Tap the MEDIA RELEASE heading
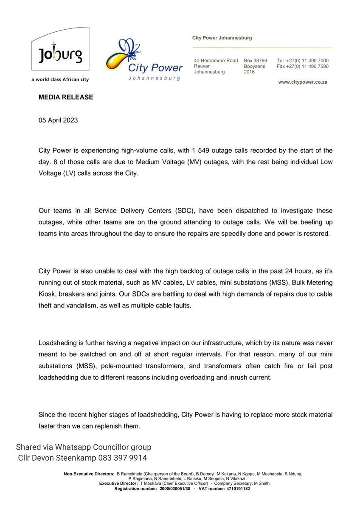[x=66, y=97]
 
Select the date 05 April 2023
[x=58, y=120]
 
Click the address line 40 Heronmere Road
[x=216, y=61]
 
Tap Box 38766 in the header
[x=255, y=61]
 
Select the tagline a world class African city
[x=60, y=79]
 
